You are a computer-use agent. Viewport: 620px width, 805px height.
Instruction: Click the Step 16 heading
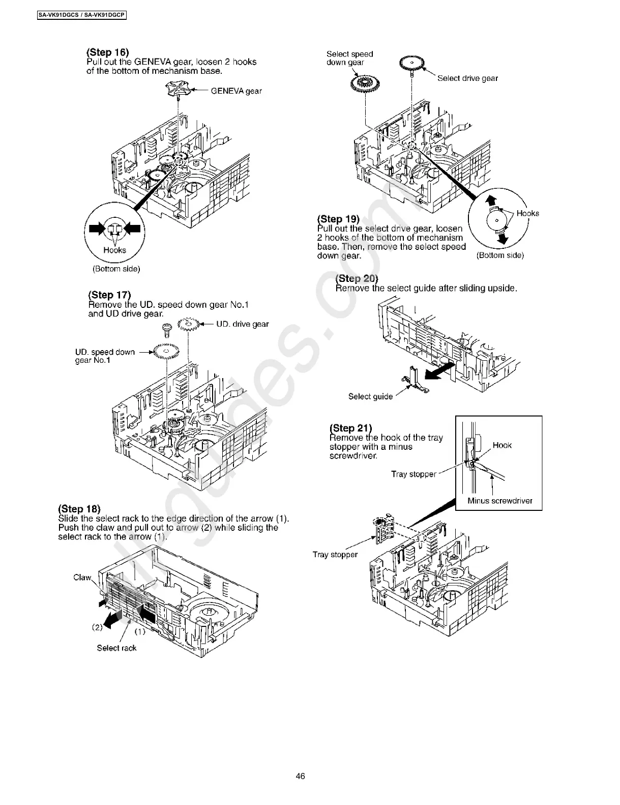pos(107,52)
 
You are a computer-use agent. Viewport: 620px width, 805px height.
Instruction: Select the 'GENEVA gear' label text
pos(236,91)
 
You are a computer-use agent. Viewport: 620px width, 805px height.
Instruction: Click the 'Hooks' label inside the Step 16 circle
pos(114,250)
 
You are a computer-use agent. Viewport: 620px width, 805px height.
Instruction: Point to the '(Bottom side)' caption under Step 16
pos(116,269)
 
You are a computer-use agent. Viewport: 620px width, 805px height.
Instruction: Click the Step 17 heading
pos(109,295)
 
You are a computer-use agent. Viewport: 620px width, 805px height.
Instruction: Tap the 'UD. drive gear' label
pos(242,324)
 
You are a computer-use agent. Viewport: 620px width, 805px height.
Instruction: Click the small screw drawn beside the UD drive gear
pos(166,329)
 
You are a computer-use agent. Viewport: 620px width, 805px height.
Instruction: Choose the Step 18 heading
pos(79,509)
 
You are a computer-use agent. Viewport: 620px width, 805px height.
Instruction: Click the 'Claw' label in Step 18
pos(82,577)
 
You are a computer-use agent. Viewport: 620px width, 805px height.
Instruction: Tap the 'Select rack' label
pos(116,648)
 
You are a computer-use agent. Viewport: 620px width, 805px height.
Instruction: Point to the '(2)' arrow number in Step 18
pos(97,627)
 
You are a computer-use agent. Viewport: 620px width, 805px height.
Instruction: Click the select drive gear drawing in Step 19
pos(411,63)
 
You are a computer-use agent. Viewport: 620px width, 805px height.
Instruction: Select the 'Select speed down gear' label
pos(349,58)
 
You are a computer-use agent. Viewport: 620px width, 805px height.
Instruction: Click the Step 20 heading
pos(357,278)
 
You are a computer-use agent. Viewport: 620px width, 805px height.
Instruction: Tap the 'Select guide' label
pos(370,396)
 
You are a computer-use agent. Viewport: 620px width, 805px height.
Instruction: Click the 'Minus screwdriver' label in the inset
pos(499,501)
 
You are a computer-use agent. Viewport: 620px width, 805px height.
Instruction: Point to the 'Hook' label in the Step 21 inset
pos(501,445)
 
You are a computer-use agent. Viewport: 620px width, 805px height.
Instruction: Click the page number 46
pos(300,776)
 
